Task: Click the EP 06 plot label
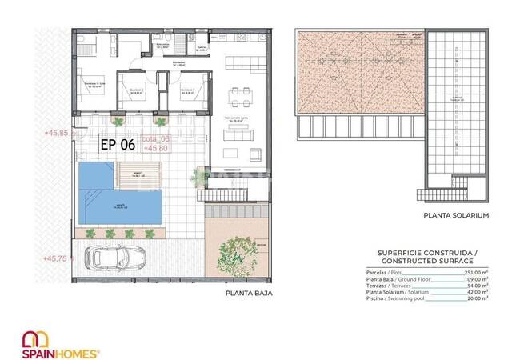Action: pyautogui.click(x=116, y=145)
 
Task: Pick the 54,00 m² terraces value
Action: pyautogui.click(x=476, y=286)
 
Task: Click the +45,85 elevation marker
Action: pyautogui.click(x=58, y=133)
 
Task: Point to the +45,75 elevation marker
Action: pyautogui.click(x=58, y=258)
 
